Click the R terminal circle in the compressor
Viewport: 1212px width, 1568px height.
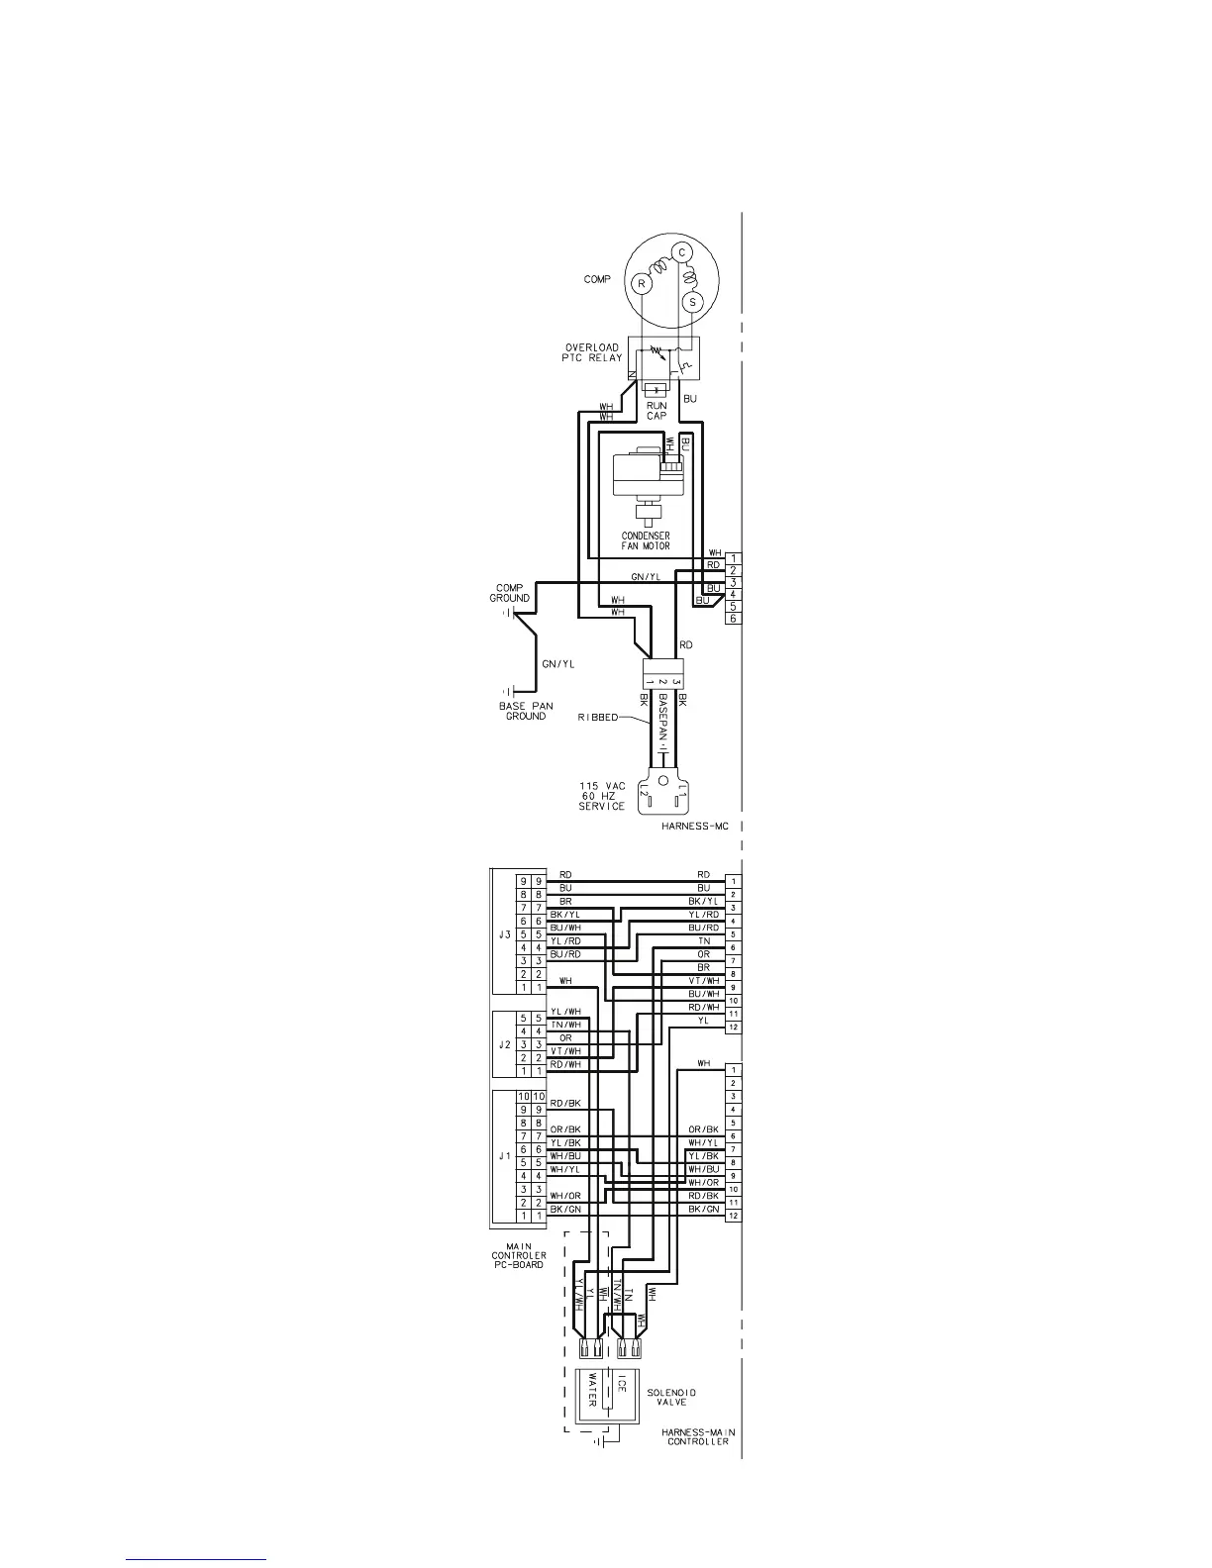click(642, 284)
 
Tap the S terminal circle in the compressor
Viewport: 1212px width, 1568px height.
click(693, 301)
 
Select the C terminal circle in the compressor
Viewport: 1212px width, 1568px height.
click(682, 252)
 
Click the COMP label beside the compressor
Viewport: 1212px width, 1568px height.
click(596, 280)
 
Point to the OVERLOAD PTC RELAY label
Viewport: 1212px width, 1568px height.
click(592, 352)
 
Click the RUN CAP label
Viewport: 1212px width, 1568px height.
click(656, 411)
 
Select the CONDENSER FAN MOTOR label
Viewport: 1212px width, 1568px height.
click(645, 540)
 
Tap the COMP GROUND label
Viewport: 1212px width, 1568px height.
click(509, 593)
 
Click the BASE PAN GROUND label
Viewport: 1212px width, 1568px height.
click(526, 711)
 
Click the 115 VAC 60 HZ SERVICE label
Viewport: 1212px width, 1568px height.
click(602, 796)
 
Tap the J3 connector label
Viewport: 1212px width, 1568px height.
click(501, 934)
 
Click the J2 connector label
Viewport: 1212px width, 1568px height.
click(501, 1044)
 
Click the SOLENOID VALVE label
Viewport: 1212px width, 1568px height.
click(672, 1398)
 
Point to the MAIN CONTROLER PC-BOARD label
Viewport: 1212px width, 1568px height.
click(519, 1255)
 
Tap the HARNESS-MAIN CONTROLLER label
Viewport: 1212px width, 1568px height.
click(698, 1436)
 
